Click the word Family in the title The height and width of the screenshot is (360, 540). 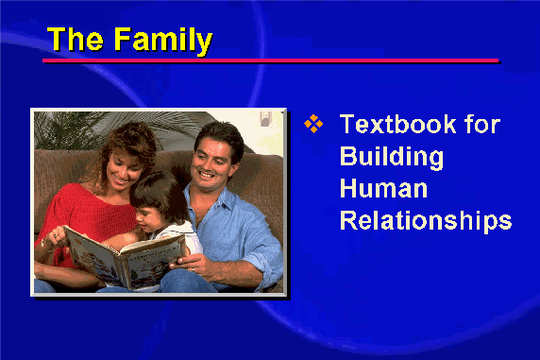tap(162, 42)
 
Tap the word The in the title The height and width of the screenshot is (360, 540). tap(75, 39)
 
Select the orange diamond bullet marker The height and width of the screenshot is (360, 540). tap(313, 124)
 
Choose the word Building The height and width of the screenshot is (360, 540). tap(392, 157)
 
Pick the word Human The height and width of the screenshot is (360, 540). tap(383, 188)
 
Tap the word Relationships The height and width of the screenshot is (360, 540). tap(426, 221)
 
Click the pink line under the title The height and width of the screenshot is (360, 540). tap(270, 60)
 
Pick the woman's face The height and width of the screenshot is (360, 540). tap(123, 168)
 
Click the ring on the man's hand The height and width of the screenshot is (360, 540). tap(194, 269)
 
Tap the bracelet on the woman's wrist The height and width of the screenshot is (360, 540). tap(44, 244)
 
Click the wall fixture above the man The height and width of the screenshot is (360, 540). tap(265, 118)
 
